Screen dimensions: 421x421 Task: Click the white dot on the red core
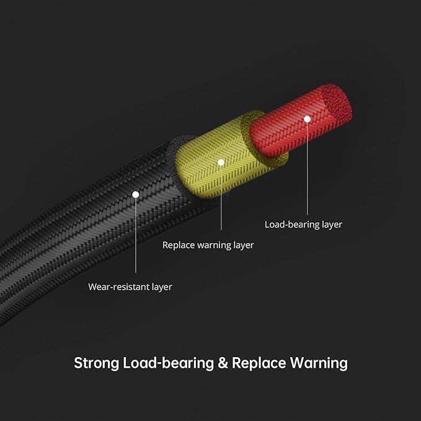pyautogui.click(x=307, y=119)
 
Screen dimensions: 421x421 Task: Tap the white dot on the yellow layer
pyautogui.click(x=221, y=162)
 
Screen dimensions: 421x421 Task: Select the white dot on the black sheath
pyautogui.click(x=136, y=195)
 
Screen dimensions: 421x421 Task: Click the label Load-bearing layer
pyautogui.click(x=303, y=224)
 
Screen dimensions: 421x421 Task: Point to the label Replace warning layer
pyautogui.click(x=208, y=245)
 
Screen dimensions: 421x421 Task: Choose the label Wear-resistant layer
pyautogui.click(x=130, y=286)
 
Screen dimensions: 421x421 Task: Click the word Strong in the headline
pyautogui.click(x=96, y=363)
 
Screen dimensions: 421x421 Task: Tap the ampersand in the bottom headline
pyautogui.click(x=223, y=363)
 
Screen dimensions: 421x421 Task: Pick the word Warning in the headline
pyautogui.click(x=319, y=363)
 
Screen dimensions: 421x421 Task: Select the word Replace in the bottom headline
pyautogui.click(x=259, y=363)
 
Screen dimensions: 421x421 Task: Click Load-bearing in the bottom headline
pyautogui.click(x=169, y=363)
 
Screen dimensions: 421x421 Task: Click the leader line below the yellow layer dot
pyautogui.click(x=221, y=198)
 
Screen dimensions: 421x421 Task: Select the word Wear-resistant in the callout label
pyautogui.click(x=118, y=286)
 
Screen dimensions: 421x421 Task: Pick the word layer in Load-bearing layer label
pyautogui.click(x=332, y=224)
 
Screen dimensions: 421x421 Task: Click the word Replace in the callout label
pyautogui.click(x=179, y=246)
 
